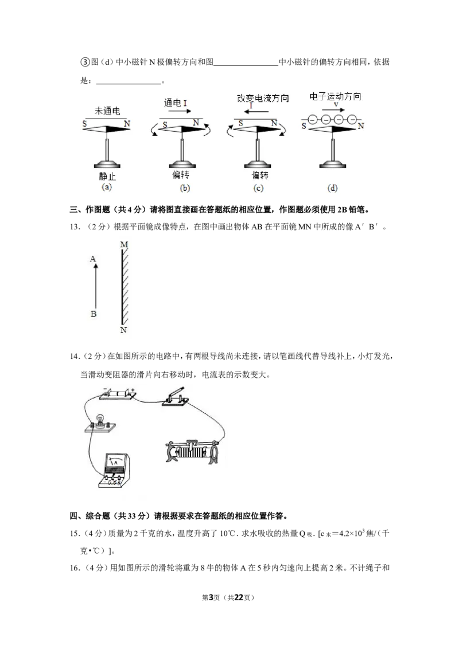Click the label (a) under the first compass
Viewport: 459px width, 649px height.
107,187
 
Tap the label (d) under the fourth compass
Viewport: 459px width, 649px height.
332,188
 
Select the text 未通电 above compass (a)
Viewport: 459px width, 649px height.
107,111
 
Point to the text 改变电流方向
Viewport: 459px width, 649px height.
263,98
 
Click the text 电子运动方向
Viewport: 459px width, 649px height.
335,96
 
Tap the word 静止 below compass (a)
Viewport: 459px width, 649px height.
107,176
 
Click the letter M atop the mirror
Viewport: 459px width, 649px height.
124,245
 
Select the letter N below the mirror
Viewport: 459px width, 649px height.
123,330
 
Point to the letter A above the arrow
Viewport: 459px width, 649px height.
93,259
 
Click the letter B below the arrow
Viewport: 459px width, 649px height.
93,314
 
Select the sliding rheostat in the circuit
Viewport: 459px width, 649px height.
192,451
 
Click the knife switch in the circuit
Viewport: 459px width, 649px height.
175,397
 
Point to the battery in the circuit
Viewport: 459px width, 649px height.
118,394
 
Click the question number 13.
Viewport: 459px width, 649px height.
74,227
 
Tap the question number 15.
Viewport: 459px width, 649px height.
74,534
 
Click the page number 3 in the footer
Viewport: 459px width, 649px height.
211,597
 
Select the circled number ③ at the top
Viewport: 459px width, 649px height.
84,62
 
